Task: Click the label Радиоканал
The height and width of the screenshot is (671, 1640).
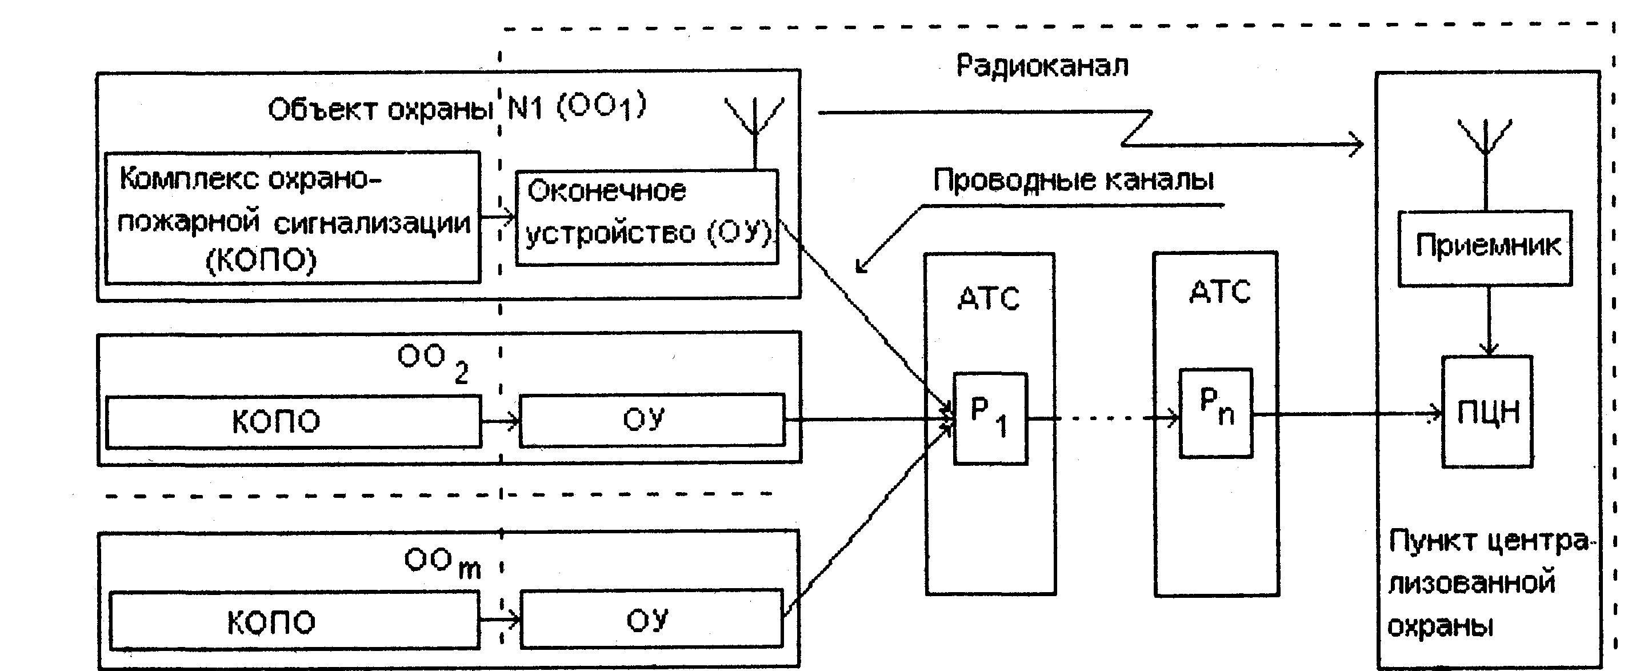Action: tap(1042, 66)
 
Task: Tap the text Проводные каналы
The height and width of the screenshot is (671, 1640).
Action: tap(1073, 180)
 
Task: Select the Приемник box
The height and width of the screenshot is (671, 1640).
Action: tap(1485, 248)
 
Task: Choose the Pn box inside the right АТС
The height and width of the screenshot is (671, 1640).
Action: tap(1216, 413)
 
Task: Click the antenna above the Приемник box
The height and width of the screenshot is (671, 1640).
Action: tap(1485, 164)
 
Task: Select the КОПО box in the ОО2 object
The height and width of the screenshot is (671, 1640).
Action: tap(294, 421)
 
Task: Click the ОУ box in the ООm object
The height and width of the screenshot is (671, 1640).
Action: tap(651, 620)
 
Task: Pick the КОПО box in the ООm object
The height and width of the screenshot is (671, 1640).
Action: tap(294, 621)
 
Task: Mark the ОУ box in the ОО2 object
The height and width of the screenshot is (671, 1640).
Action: tap(652, 420)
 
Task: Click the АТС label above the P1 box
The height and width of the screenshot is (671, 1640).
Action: tap(989, 298)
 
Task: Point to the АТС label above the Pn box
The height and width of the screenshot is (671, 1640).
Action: tap(1220, 292)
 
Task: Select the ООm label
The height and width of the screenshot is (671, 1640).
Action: tap(442, 564)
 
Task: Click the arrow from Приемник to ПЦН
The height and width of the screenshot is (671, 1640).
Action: tap(1488, 321)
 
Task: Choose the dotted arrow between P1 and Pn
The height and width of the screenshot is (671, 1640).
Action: tap(1104, 418)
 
